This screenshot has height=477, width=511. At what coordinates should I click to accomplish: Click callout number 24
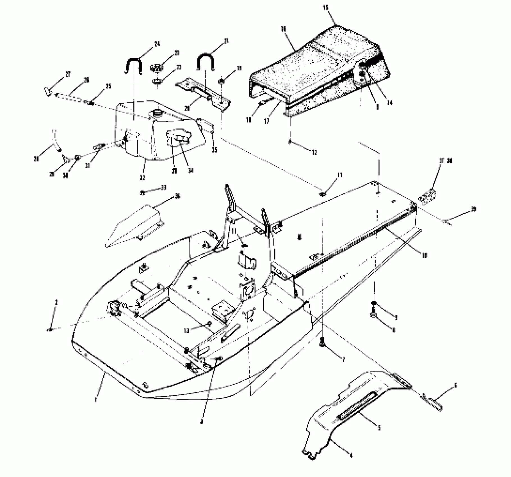click(x=157, y=44)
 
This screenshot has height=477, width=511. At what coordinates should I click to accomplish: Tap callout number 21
click(x=226, y=41)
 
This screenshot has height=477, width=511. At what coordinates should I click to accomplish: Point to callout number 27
click(x=68, y=74)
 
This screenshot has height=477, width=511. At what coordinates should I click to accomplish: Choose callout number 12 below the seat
click(x=314, y=152)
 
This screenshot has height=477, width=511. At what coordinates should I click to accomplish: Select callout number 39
click(x=474, y=209)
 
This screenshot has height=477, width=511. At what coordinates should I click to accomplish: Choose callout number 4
click(x=350, y=456)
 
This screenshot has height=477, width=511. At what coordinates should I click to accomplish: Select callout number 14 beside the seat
click(x=389, y=103)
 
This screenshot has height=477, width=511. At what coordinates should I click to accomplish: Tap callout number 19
click(x=239, y=68)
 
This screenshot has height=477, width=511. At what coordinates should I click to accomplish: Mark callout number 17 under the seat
click(x=266, y=121)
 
